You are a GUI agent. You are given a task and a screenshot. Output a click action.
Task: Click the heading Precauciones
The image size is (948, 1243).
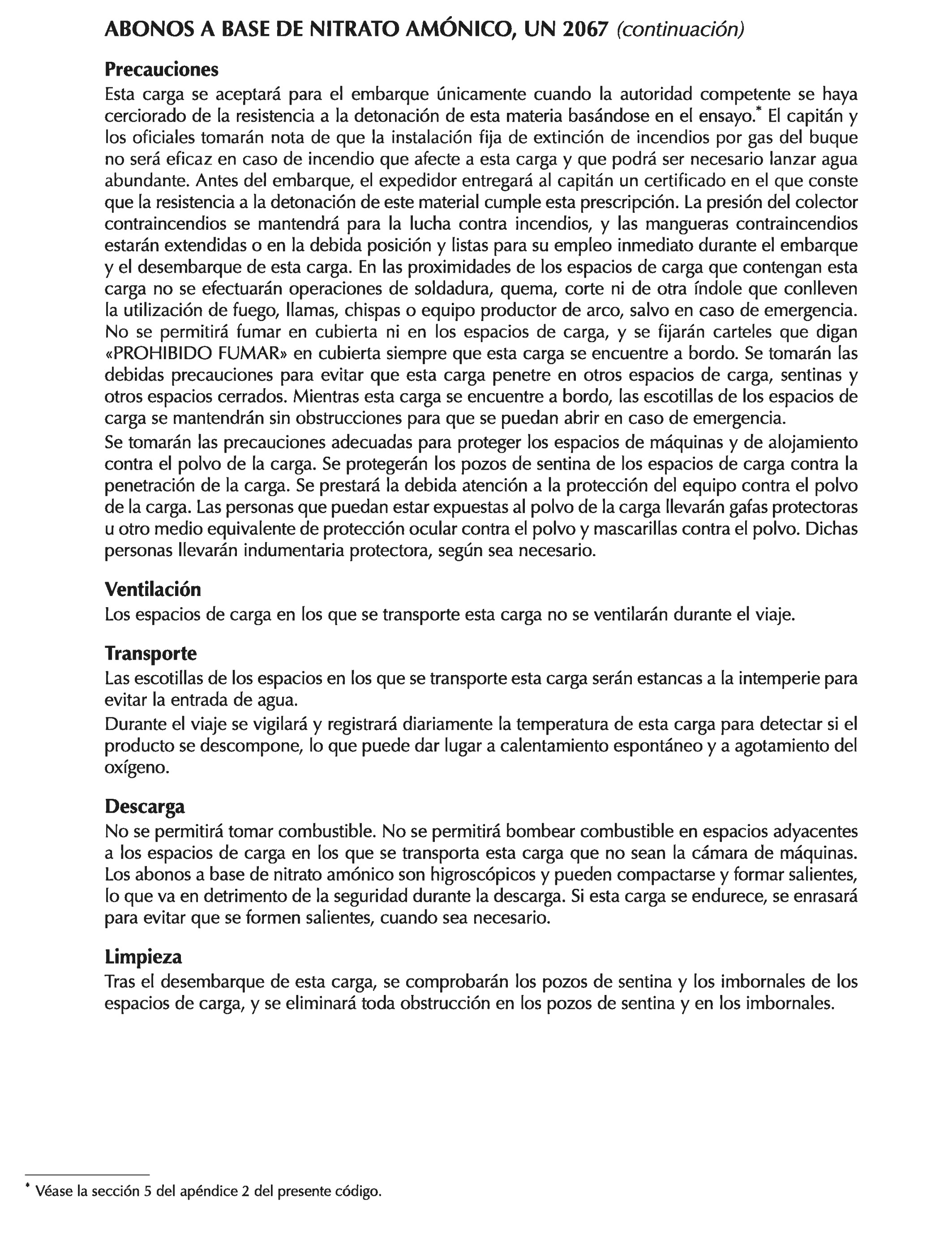click(161, 70)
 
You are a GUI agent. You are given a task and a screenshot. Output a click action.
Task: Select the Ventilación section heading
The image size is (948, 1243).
click(153, 590)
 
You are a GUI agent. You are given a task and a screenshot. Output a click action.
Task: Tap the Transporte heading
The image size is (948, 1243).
click(150, 653)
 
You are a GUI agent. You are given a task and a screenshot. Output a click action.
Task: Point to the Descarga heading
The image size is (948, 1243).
click(145, 807)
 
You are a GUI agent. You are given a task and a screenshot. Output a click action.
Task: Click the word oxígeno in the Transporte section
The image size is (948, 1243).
click(137, 768)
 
